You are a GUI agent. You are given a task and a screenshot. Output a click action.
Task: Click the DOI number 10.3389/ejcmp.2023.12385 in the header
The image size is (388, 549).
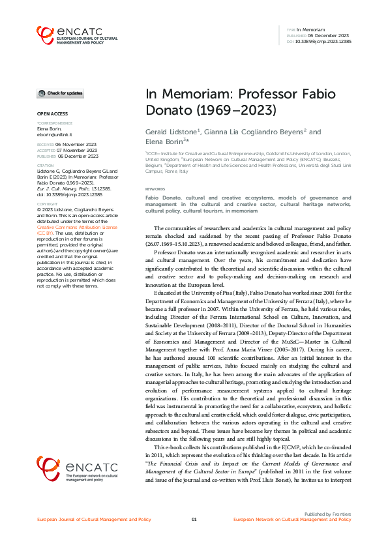coord(324,41)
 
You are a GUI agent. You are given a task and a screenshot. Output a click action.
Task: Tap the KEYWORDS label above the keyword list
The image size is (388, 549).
coord(155,190)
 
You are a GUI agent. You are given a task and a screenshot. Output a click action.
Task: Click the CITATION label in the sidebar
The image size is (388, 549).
coord(45,166)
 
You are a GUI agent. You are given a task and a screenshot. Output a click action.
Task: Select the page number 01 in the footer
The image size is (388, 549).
coord(194,519)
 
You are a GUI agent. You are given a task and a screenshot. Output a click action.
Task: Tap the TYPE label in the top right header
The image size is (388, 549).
coord(291,30)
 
